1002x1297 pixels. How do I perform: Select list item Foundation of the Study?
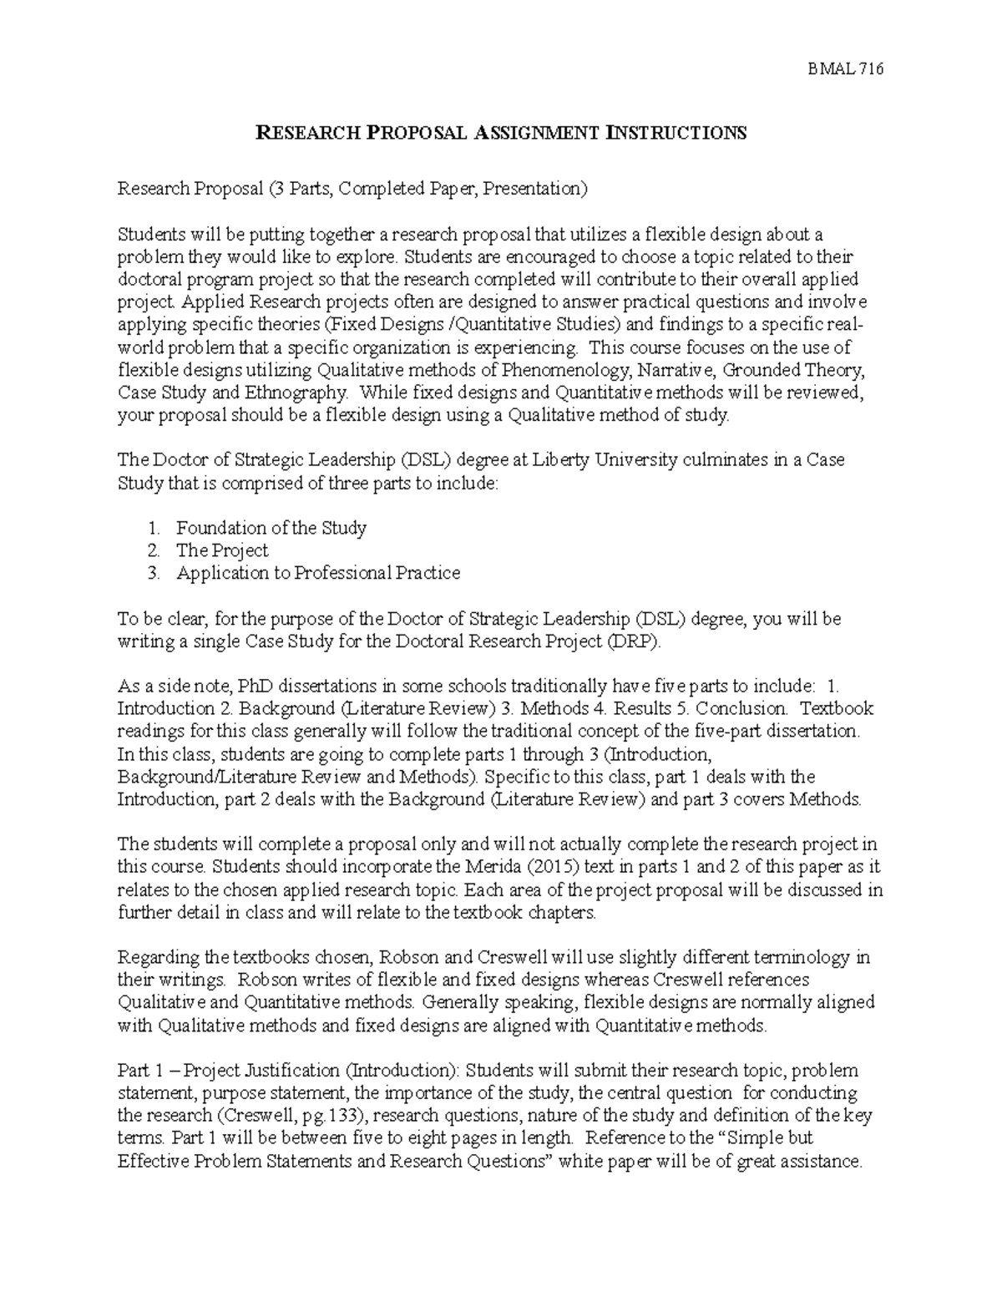(271, 528)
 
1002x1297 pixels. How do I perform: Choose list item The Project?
(222, 550)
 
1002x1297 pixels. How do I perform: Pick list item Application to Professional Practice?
(317, 573)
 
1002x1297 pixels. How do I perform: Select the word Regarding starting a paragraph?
(159, 957)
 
